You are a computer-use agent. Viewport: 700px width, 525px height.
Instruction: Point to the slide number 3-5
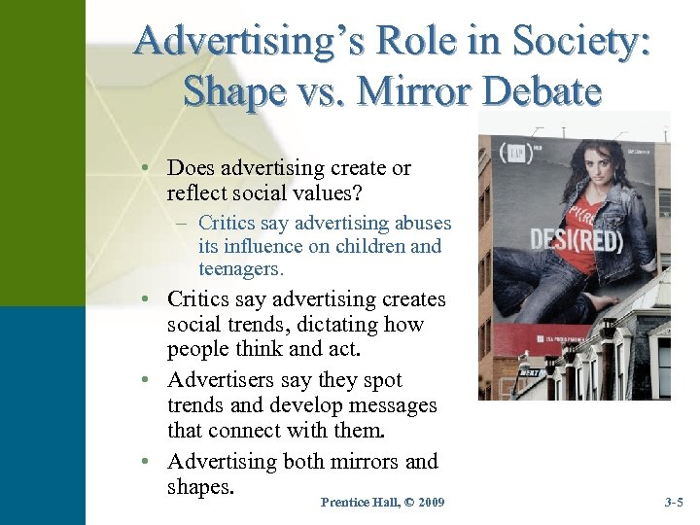coord(674,502)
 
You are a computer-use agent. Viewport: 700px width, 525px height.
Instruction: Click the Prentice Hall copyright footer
coord(382,502)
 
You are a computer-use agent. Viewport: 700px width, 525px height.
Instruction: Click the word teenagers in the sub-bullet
coord(239,268)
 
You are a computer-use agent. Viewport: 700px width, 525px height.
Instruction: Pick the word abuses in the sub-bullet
coord(421,223)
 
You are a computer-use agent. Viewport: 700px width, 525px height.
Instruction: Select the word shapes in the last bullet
coord(201,486)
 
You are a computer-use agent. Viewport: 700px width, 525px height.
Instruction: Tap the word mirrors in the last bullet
coord(351,461)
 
